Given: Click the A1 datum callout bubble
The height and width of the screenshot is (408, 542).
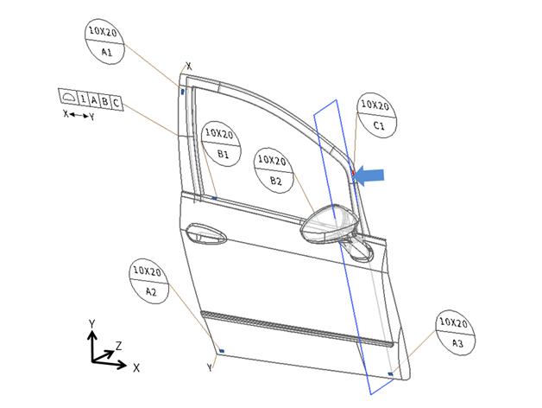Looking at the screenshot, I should [x=107, y=41].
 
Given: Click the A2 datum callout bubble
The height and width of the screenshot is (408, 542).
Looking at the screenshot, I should [x=150, y=280].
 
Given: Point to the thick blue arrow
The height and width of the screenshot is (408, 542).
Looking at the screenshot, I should [x=369, y=175].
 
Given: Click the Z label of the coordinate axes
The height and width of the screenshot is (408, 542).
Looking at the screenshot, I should [x=119, y=345].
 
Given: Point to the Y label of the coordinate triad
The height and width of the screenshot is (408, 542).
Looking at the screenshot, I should [x=92, y=322].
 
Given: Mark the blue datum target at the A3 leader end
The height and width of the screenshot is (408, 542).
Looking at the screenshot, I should [x=391, y=374].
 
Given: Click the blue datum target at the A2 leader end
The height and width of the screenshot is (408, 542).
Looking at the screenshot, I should [x=221, y=351].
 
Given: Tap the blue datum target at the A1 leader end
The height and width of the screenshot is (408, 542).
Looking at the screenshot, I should [x=183, y=89].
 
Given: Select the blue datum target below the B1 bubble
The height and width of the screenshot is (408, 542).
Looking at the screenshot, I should [x=214, y=198].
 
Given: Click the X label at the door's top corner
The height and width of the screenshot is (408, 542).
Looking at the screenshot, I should [x=189, y=66].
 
